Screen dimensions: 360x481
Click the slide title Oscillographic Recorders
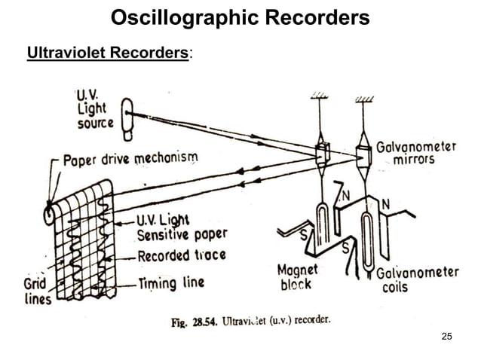[x=240, y=17]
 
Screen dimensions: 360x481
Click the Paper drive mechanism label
[x=130, y=160]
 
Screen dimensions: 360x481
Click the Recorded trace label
[x=181, y=255]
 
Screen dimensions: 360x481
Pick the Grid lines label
[x=35, y=291]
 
